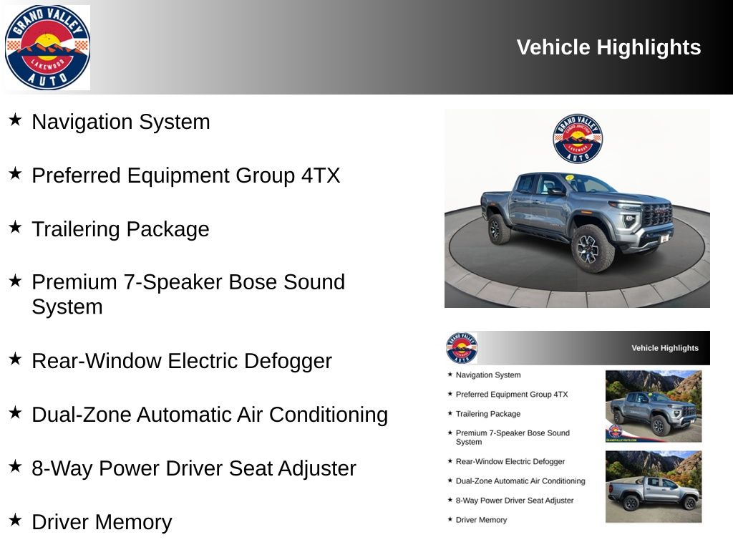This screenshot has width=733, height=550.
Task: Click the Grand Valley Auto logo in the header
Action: coord(47,47)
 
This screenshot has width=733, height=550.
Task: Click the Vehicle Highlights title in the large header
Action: coord(608,47)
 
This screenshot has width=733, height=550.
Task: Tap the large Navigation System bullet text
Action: coord(120,122)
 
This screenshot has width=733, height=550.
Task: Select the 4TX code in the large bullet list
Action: coord(321,175)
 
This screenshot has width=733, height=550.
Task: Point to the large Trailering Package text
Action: coord(120,229)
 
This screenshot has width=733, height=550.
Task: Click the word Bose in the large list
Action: coord(252,282)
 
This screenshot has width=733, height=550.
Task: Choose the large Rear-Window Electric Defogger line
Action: coord(182,361)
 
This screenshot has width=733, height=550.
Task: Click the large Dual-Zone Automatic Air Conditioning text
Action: coord(210,415)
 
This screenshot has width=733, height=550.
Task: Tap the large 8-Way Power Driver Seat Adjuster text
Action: coord(194,468)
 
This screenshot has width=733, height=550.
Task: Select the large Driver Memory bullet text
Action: coord(102,522)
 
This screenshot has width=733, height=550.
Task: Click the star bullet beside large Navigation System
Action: coord(15,120)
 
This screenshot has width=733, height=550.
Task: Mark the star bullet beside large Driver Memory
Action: coord(15,520)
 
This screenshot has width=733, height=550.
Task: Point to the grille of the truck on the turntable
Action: coord(658,216)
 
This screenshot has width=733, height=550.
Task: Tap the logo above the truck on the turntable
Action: coord(578,138)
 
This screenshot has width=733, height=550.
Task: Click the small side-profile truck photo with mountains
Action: coord(654,486)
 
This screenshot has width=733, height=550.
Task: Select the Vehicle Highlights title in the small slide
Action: coord(665,348)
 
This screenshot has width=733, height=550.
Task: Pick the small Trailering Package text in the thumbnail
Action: coord(488,414)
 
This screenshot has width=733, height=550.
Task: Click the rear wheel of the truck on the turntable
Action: coord(498,228)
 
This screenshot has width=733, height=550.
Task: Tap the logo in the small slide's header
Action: coord(462,348)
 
